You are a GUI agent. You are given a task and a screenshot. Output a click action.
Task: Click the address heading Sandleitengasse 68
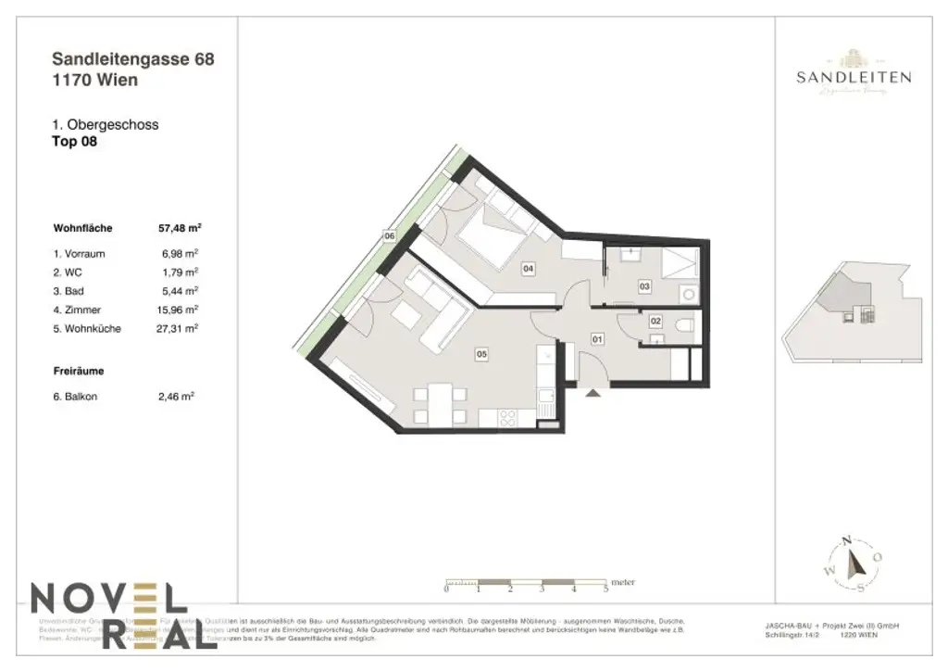pos(134,59)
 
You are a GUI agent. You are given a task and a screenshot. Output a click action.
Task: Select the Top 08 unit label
pos(75,142)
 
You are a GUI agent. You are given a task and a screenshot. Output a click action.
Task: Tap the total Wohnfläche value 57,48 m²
pos(181,226)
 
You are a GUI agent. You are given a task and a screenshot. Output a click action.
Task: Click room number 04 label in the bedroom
pos(528,269)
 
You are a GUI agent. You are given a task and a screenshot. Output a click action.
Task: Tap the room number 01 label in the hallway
pos(597,339)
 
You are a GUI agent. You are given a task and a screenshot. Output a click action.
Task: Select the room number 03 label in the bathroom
pos(644,287)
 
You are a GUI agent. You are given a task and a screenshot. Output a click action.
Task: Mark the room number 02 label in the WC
pos(655,322)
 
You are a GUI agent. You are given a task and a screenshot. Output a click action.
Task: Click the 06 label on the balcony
pos(390,237)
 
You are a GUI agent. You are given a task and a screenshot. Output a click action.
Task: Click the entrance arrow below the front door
pos(592,393)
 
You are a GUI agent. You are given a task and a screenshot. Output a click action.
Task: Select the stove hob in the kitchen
pos(509,419)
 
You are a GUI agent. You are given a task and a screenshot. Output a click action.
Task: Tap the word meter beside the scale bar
pos(624,583)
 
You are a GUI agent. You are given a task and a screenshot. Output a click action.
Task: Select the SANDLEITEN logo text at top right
pos(853,78)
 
